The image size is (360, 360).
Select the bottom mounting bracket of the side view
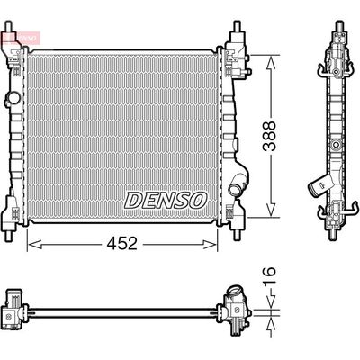pyautogui.click(x=329, y=216)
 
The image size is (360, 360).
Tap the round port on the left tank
pyautogui.click(x=12, y=96)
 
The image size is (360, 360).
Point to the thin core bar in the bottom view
pyautogui.click(x=121, y=312)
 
